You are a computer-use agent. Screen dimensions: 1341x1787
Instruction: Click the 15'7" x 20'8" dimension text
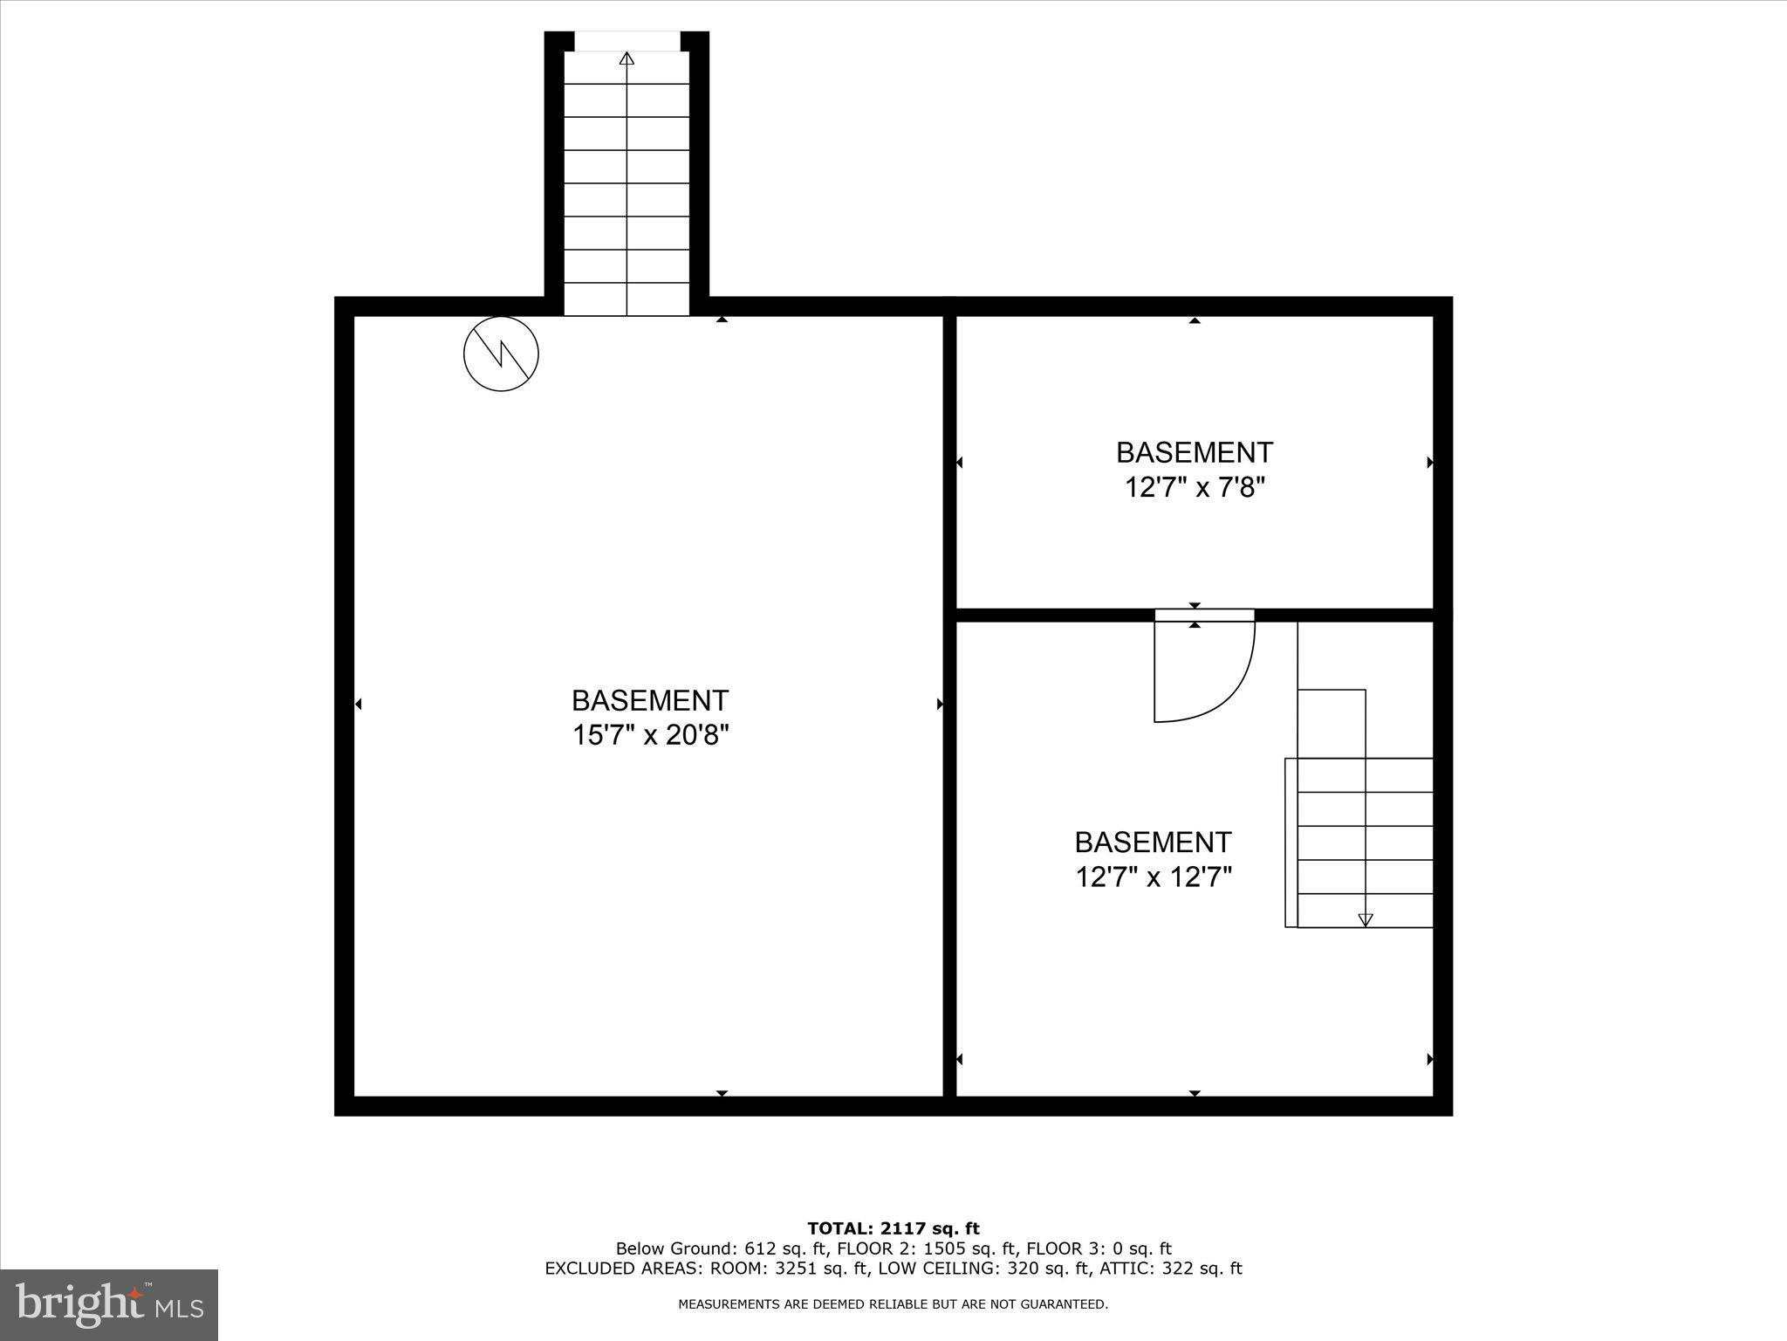click(650, 735)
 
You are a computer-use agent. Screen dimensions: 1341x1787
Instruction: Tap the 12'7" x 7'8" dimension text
click(1195, 487)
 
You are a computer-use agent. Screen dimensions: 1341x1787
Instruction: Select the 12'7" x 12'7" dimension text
click(1153, 877)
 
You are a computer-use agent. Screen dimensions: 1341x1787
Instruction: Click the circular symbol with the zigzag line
click(501, 354)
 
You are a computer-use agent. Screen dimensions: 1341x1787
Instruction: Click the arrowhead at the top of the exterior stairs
click(626, 58)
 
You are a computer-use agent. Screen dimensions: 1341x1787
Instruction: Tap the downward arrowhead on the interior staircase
click(1366, 919)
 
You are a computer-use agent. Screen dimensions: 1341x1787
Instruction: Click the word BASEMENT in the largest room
click(650, 700)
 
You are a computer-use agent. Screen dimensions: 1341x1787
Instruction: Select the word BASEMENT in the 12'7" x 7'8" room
click(1195, 452)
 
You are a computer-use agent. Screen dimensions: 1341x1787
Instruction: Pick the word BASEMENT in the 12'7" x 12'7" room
click(1153, 842)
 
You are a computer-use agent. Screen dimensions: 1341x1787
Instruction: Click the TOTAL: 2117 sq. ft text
click(893, 1229)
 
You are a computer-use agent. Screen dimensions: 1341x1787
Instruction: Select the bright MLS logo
click(109, 1305)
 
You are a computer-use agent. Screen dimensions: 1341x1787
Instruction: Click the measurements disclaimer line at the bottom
click(893, 1304)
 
